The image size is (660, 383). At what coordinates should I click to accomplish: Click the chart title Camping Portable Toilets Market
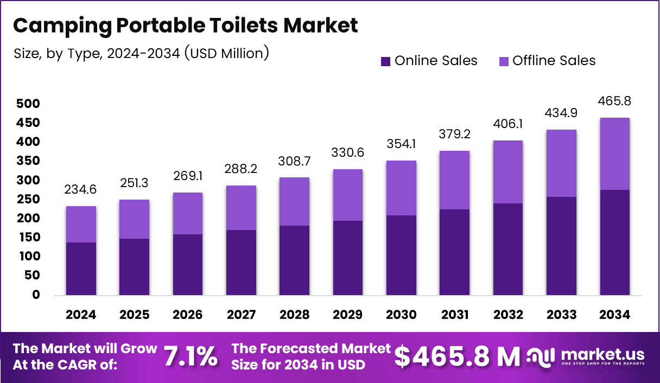coord(185,25)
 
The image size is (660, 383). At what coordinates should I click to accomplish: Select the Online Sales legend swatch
coord(386,61)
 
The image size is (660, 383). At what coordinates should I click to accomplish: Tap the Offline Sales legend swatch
coord(504,61)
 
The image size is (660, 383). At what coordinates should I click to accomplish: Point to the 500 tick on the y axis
coord(28,104)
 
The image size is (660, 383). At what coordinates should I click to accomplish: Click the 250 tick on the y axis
coord(28,199)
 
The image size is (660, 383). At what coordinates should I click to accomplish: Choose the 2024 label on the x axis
coord(81,315)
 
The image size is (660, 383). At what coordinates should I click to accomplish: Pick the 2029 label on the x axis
coord(347,315)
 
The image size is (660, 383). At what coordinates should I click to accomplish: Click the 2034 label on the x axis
coord(614,315)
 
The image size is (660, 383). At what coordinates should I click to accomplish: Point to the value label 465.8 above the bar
coord(614,101)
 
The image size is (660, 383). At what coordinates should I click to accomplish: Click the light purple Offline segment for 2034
coord(614,154)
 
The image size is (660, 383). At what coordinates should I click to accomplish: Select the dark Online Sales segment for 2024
coord(81,269)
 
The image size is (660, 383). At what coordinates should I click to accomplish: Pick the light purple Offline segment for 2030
coord(401,188)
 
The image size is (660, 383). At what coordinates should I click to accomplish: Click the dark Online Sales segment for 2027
coord(241,263)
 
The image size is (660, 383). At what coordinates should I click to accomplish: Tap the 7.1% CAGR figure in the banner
coord(191,356)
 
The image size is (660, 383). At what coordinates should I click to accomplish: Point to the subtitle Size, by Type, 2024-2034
coord(141,54)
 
